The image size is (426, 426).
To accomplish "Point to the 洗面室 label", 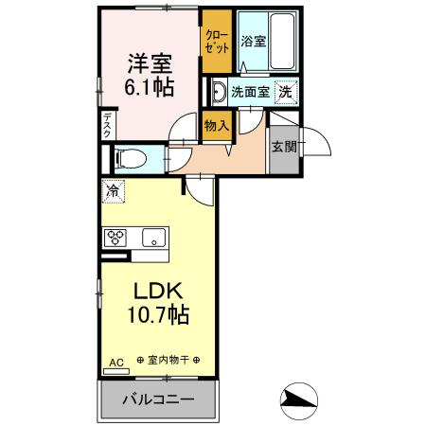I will tap(249, 92).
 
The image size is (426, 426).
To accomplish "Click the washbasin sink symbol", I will tap(218, 92).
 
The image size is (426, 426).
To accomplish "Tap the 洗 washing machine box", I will tap(285, 92).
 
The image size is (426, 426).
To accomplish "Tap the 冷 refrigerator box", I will tap(114, 191).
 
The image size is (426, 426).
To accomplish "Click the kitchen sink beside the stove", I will tap(152, 236).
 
